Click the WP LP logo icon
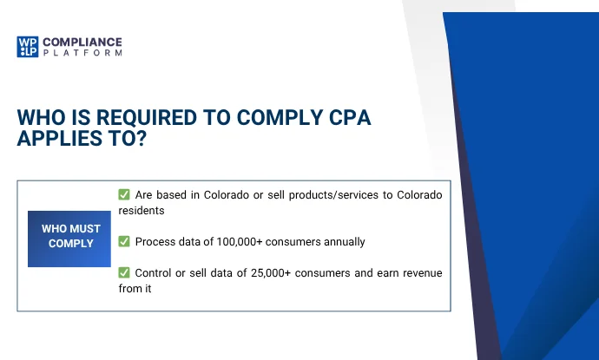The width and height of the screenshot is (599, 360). [x=27, y=47]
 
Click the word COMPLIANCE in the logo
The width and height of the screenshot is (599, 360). [x=82, y=41]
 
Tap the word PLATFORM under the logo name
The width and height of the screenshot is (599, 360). [x=82, y=53]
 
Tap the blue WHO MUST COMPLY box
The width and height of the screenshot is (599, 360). [x=69, y=237]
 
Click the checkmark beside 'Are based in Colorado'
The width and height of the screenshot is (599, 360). [x=124, y=195]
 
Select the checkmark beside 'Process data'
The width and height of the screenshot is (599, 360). [x=124, y=242]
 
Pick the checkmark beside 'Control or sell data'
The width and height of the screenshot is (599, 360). [x=124, y=273]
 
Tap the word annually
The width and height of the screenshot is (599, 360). [x=339, y=242]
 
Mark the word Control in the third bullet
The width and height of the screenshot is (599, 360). [x=154, y=273]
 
